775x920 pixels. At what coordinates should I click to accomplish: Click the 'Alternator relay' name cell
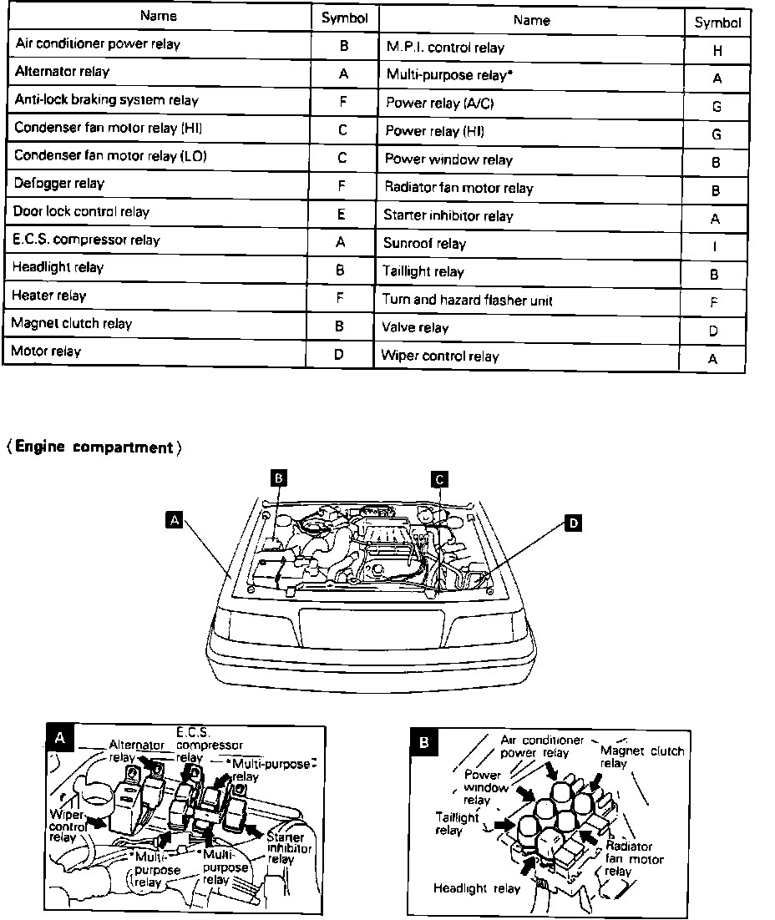point(62,72)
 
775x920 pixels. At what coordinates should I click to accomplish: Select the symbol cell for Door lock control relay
point(342,213)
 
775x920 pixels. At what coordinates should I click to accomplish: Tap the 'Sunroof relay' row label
point(424,244)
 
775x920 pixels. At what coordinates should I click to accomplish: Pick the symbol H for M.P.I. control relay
point(717,50)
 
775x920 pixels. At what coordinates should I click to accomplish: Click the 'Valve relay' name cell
point(415,328)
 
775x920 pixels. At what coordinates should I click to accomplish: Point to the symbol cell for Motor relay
point(339,353)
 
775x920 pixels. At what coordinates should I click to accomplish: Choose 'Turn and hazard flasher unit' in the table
point(467,300)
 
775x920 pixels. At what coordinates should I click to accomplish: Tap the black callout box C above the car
point(439,478)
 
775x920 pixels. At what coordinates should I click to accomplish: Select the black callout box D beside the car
point(574,523)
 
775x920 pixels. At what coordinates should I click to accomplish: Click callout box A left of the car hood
point(174,520)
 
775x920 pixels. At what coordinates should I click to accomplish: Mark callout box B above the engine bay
point(280,478)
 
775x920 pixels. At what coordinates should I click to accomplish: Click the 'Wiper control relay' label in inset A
point(68,824)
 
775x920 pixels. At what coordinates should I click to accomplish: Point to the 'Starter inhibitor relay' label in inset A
point(281,847)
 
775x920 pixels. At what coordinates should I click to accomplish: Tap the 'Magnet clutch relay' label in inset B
point(642,756)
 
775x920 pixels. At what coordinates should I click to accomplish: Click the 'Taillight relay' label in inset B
point(457,824)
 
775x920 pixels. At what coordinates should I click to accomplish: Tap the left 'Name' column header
point(159,16)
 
